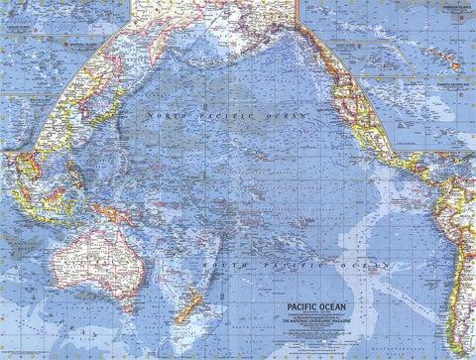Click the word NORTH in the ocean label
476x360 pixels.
tap(166, 117)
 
